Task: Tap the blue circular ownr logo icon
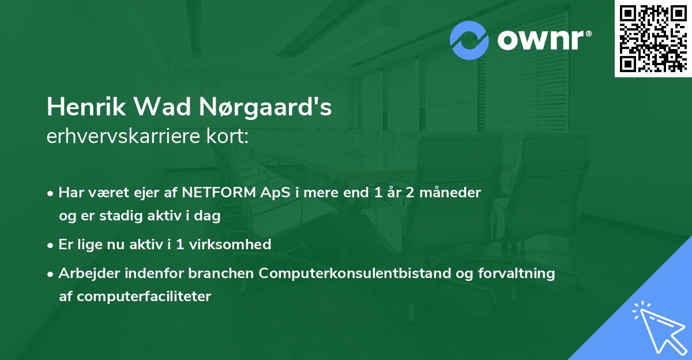(470, 40)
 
